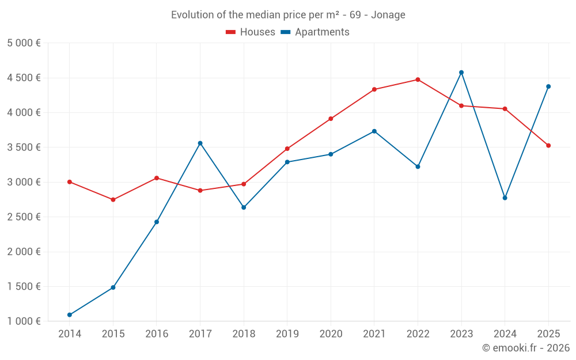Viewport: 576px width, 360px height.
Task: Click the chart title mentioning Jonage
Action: (288, 14)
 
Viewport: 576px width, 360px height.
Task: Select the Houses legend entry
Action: (251, 32)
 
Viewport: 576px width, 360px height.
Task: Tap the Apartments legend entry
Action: (315, 32)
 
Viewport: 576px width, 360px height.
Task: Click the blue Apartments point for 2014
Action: (70, 315)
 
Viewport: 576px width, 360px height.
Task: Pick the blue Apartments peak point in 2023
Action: (461, 73)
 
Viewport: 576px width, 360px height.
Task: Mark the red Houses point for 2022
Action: (418, 79)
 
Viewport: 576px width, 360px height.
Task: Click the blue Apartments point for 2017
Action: (200, 143)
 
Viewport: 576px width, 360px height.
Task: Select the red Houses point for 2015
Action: (113, 200)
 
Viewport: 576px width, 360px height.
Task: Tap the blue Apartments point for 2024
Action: (505, 198)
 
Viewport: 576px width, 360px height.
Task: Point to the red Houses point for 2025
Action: (548, 146)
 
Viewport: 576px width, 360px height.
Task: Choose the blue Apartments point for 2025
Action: (548, 86)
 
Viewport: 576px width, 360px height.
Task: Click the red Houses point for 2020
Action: (331, 119)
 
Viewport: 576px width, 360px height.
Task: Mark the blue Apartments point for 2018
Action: (244, 207)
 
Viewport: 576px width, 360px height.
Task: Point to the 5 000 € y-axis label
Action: (24, 43)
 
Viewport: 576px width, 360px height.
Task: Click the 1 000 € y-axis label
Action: (24, 321)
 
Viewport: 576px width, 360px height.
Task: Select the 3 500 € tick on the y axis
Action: (24, 147)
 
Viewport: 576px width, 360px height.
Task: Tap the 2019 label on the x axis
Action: (287, 334)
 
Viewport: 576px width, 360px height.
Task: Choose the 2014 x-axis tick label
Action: (70, 334)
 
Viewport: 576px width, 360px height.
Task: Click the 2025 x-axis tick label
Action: (548, 334)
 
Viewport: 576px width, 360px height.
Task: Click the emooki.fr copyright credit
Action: (525, 348)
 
